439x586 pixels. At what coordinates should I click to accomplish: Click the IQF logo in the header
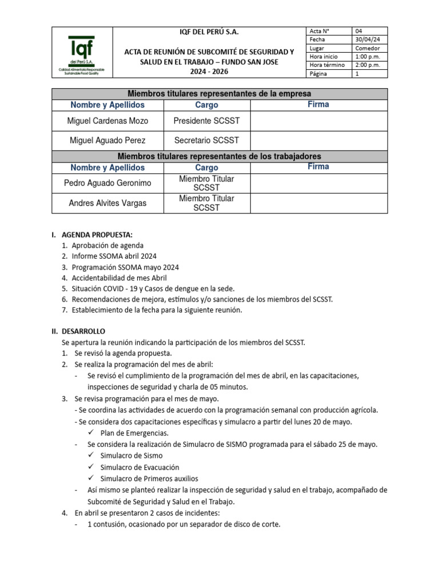pyautogui.click(x=82, y=53)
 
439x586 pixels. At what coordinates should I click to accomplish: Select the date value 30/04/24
pyautogui.click(x=367, y=39)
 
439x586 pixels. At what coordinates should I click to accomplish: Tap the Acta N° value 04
pyautogui.click(x=359, y=31)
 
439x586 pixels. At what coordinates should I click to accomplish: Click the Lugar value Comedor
pyautogui.click(x=368, y=48)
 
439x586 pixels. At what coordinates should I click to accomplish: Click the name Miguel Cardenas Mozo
pyautogui.click(x=107, y=121)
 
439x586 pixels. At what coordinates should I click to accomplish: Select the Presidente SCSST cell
pyautogui.click(x=206, y=121)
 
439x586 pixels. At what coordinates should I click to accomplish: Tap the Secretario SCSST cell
pyautogui.click(x=206, y=140)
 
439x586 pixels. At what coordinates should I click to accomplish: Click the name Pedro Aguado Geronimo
pyautogui.click(x=107, y=183)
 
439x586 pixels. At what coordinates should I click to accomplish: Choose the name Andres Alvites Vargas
pyautogui.click(x=107, y=203)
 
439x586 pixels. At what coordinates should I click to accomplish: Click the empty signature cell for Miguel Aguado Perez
pyautogui.click(x=318, y=140)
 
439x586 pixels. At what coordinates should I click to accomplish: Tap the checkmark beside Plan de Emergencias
pyautogui.click(x=92, y=433)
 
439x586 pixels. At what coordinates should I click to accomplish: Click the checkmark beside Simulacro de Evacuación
pyautogui.click(x=92, y=467)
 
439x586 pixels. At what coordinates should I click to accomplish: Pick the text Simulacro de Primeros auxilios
pyautogui.click(x=149, y=478)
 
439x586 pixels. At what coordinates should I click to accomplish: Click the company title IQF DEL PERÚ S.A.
pyautogui.click(x=210, y=31)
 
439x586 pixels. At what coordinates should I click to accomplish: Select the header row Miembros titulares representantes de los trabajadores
pyautogui.click(x=219, y=156)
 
